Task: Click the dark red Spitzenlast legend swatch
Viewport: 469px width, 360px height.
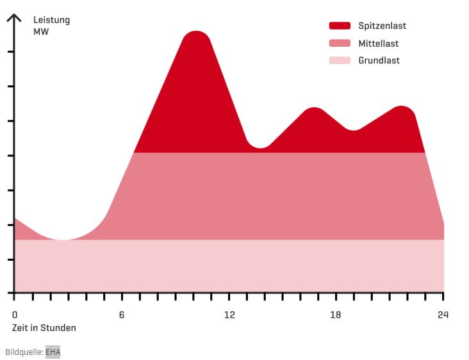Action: (x=340, y=26)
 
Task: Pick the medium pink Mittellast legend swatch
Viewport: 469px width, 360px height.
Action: (x=340, y=44)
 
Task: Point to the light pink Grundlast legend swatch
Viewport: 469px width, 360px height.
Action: (x=340, y=61)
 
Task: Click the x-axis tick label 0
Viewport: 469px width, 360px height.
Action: (x=15, y=315)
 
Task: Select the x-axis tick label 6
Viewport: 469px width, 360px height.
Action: (x=122, y=315)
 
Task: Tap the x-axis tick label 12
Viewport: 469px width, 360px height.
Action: (x=229, y=315)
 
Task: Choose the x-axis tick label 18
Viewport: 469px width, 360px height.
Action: (x=336, y=315)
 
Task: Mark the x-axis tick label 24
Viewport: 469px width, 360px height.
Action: (x=443, y=315)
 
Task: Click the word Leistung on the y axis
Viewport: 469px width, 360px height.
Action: (x=52, y=20)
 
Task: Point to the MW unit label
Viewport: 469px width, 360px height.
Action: (x=41, y=31)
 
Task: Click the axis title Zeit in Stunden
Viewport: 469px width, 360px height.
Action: (x=44, y=328)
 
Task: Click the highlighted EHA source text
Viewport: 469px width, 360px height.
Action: (x=53, y=352)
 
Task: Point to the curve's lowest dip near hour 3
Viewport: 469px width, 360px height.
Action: (x=62, y=240)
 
